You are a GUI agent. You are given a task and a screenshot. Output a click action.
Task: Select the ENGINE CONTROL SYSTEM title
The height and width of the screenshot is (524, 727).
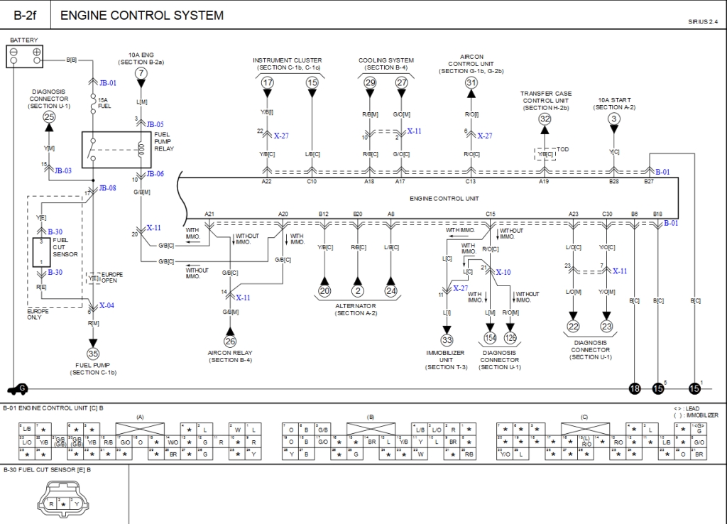point(142,15)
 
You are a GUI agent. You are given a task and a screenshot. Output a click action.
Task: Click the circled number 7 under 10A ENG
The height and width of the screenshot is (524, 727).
point(141,73)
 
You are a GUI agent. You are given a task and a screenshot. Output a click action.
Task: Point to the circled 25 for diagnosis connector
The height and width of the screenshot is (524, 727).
point(49,117)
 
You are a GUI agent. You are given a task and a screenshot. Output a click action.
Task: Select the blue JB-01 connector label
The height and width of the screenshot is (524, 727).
point(108,83)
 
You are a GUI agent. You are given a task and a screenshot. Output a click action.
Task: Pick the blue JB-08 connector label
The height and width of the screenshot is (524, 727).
point(107,188)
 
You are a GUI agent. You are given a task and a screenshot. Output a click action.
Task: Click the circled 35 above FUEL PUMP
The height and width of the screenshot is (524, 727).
point(93,353)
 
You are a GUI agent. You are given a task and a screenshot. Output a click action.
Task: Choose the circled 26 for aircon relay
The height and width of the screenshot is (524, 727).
point(230,342)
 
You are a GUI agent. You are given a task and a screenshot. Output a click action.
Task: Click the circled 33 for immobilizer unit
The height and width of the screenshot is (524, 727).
point(447,340)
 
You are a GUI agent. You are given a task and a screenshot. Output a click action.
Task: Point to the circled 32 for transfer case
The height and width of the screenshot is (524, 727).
point(545,119)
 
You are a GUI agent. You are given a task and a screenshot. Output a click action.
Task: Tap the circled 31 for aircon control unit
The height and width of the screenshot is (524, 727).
point(471,83)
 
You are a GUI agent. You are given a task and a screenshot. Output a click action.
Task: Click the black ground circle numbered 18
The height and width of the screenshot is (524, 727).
point(634,388)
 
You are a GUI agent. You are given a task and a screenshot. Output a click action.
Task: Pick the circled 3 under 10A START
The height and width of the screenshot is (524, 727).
point(614,119)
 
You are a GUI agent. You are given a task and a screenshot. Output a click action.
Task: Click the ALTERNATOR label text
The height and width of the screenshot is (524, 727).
point(356,306)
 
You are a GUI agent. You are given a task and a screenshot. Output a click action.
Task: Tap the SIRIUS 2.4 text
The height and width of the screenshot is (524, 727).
point(703,22)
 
